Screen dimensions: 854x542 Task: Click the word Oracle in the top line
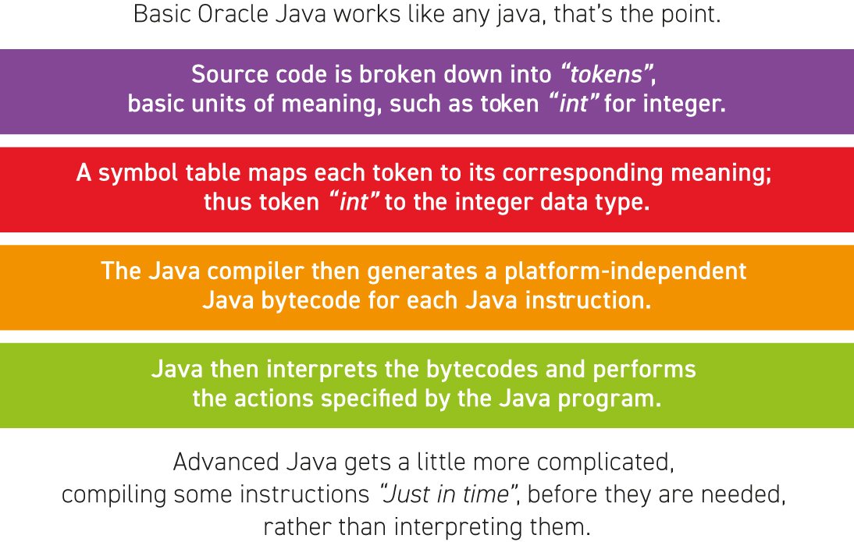click(233, 14)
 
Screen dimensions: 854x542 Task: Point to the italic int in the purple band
click(574, 104)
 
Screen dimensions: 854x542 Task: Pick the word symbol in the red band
click(138, 174)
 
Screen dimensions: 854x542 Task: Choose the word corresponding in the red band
click(582, 174)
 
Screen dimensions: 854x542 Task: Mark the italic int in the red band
click(354, 202)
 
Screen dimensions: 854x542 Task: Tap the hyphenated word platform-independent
click(625, 271)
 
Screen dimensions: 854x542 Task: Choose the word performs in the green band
click(644, 370)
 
